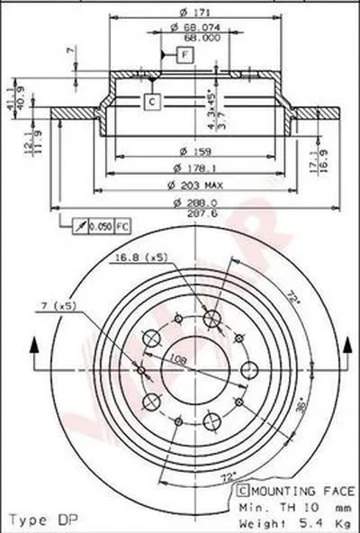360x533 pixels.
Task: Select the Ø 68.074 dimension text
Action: tap(188, 27)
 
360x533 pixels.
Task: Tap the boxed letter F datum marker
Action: tap(184, 56)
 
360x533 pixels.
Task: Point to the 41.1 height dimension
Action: tap(11, 89)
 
